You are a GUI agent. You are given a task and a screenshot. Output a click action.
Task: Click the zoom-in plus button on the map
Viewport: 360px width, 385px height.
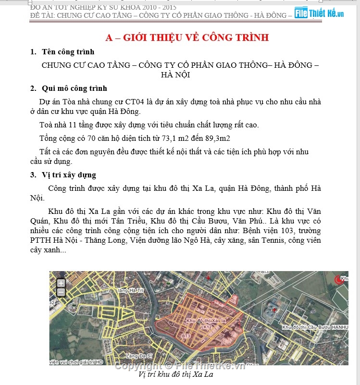point(61,283)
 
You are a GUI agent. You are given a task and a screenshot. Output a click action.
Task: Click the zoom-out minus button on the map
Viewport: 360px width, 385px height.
point(61,292)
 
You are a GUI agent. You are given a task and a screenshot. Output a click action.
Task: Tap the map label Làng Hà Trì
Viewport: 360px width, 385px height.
point(130,291)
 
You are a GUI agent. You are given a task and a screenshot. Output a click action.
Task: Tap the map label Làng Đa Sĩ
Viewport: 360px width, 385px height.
point(139,356)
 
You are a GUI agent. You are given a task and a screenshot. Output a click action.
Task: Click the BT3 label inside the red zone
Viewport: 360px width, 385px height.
point(186,335)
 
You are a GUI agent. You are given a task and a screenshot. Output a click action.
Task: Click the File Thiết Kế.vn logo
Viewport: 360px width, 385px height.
point(319,13)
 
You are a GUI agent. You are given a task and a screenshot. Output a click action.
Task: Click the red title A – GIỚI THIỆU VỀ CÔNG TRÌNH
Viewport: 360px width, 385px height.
point(187,37)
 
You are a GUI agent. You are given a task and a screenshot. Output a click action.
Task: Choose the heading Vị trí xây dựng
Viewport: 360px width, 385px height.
point(69,175)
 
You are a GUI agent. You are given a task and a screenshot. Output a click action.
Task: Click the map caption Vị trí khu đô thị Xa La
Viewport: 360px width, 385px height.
point(175,374)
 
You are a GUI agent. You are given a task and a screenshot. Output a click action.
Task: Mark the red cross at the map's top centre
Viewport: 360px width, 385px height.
point(208,278)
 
